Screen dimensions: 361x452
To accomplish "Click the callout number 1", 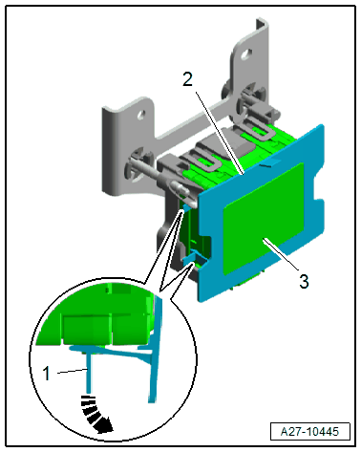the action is (46, 374).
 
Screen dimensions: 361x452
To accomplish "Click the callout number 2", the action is (187, 79).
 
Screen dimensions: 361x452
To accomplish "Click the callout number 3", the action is (304, 282).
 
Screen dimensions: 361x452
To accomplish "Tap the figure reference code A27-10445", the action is (309, 432).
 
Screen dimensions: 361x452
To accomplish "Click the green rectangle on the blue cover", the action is (264, 219).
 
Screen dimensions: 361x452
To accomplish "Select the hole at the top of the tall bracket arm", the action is (246, 54).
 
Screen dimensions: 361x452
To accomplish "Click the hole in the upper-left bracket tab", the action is (140, 115).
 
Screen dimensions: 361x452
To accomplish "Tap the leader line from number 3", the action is (281, 255).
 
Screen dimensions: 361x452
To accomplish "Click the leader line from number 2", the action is (220, 133).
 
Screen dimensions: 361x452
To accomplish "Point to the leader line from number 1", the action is (72, 371).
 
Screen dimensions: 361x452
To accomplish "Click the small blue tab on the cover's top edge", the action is (270, 162).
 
